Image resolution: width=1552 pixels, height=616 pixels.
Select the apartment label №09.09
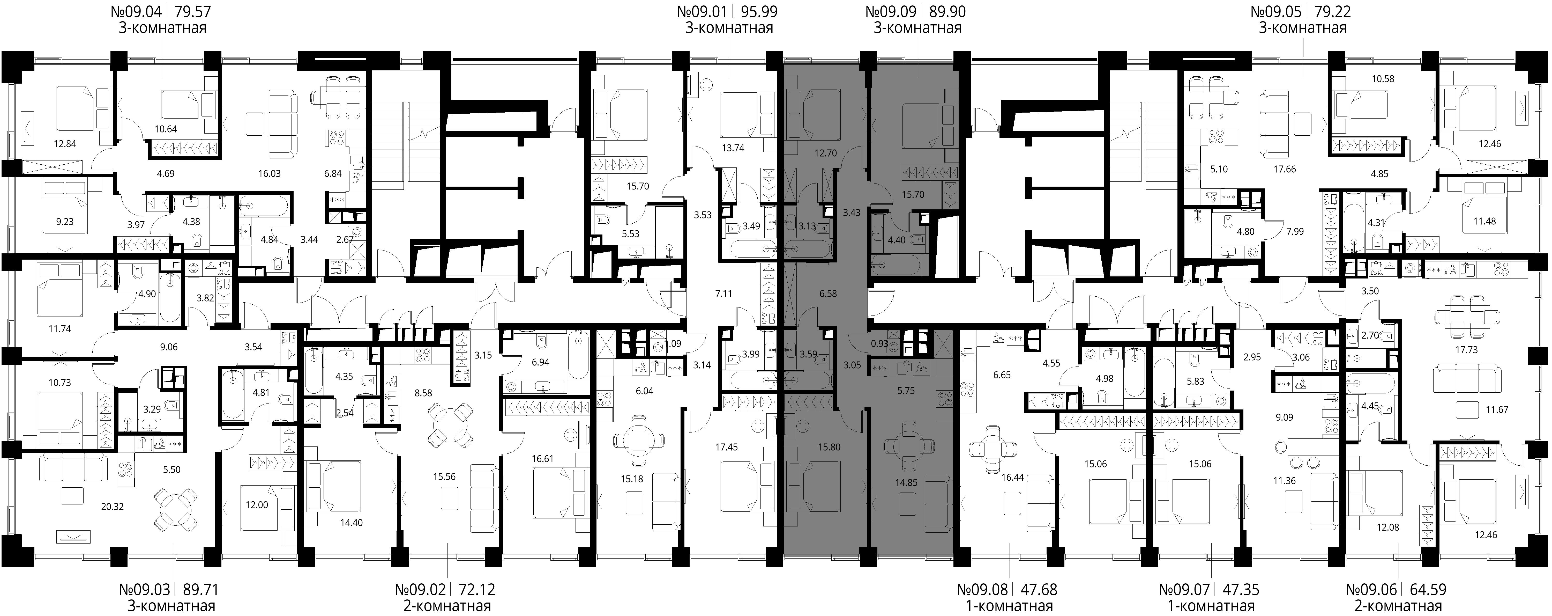[891, 11]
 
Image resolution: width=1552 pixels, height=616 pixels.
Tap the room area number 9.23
[64, 222]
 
